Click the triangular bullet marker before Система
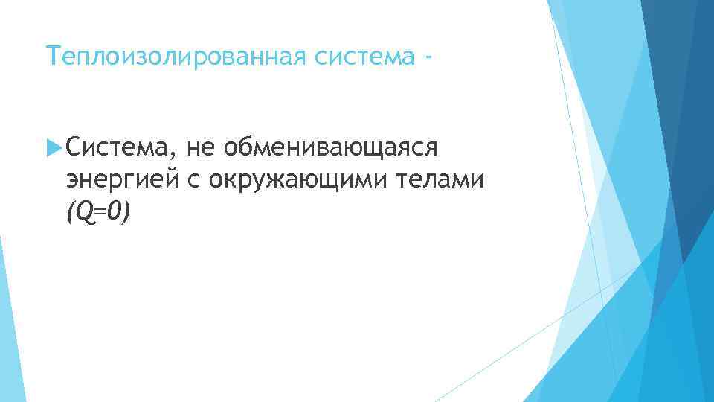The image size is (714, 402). [52, 148]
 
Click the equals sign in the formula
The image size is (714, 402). [97, 214]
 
